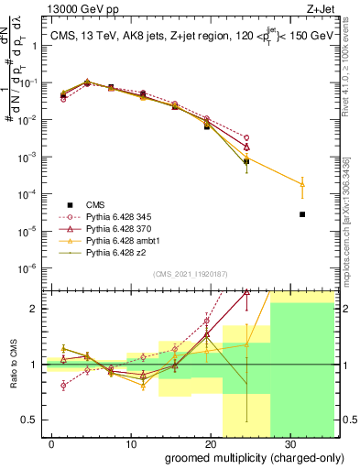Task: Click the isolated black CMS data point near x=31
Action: click(x=302, y=214)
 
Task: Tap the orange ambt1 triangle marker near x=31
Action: click(x=302, y=184)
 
